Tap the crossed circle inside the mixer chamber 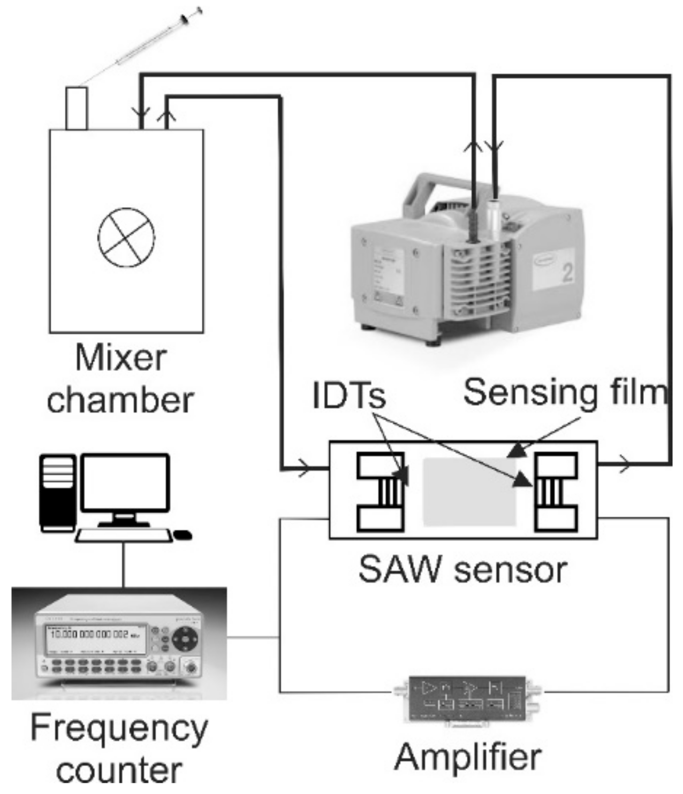point(126,236)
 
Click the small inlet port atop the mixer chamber point(77,109)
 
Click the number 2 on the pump point(567,273)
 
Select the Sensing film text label point(565,392)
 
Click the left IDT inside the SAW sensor point(381,491)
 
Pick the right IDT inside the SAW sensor point(556,491)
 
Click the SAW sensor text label point(462,569)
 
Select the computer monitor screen point(125,483)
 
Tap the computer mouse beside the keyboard point(183,534)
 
